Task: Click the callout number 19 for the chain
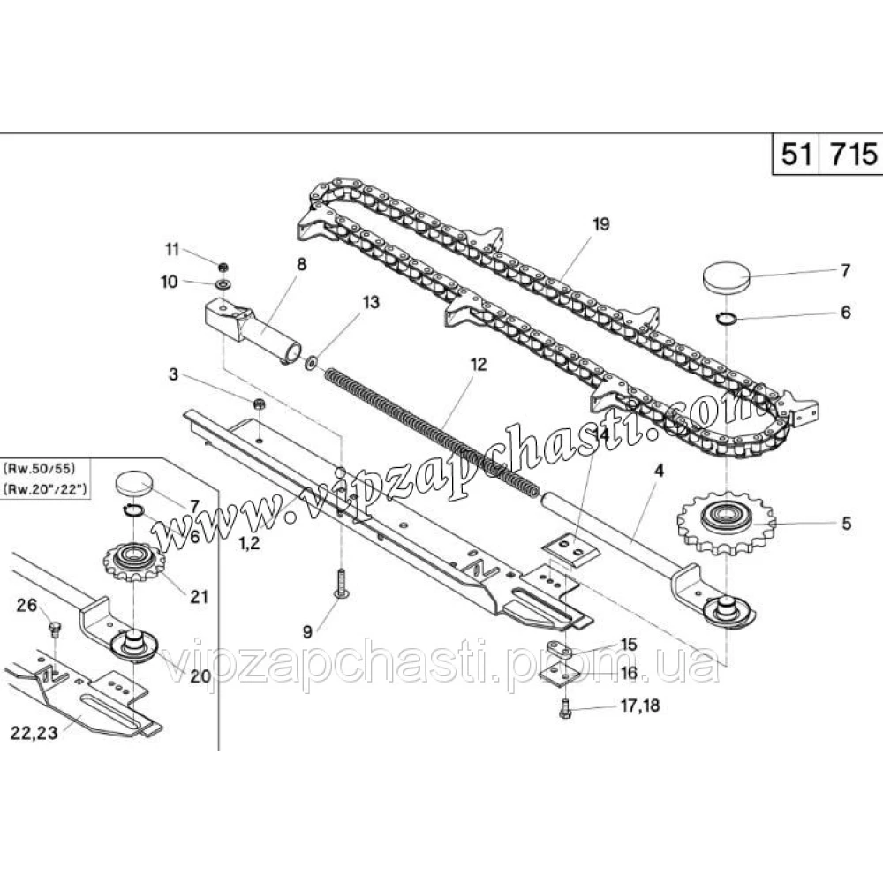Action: point(600,224)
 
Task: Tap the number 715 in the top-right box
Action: point(854,154)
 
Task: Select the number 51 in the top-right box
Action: point(796,154)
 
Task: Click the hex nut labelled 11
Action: point(223,266)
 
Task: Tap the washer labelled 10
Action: point(223,283)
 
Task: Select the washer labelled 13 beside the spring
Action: point(311,363)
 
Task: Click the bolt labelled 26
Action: point(55,629)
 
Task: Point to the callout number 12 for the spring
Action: point(478,365)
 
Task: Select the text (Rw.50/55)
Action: point(39,468)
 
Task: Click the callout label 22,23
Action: point(34,733)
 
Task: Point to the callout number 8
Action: point(301,264)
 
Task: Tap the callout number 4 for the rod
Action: point(659,471)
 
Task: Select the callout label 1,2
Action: point(250,543)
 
